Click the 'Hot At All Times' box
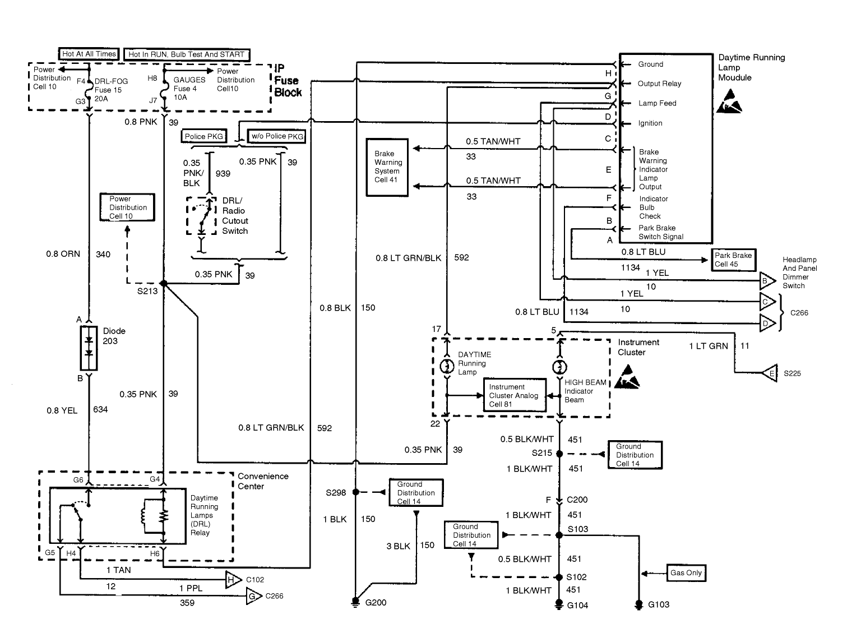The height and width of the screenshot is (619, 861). [89, 54]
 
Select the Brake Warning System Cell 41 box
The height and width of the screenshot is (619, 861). [387, 167]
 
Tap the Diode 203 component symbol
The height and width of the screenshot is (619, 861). [89, 348]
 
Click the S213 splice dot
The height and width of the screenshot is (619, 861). [164, 283]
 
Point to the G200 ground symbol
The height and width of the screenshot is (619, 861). [355, 601]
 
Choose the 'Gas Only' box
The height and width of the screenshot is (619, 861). [686, 573]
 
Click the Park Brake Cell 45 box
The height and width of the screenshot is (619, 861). [733, 260]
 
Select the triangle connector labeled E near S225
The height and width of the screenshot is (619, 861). [770, 373]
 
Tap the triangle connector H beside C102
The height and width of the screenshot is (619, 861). [233, 579]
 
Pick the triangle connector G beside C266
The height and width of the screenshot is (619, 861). [254, 597]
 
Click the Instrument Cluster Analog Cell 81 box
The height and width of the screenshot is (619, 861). [514, 395]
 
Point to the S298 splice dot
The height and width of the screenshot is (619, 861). [356, 492]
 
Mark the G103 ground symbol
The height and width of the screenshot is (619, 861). [638, 605]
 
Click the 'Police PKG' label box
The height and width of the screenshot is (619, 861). [203, 136]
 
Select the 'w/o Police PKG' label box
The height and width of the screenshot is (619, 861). [277, 136]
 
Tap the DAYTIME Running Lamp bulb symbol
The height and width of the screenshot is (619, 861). [447, 366]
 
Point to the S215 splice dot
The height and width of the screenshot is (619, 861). [559, 454]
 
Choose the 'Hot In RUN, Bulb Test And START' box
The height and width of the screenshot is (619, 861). [187, 54]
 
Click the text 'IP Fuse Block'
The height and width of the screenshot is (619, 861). [288, 81]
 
